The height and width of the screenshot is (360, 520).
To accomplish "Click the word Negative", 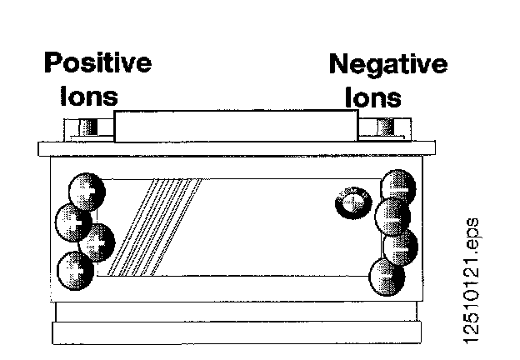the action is point(387,64).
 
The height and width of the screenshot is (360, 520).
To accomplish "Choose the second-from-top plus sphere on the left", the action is point(72,222).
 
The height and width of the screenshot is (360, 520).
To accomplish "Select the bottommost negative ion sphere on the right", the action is point(387,275).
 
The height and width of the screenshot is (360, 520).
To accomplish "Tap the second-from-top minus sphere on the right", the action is point(391,217).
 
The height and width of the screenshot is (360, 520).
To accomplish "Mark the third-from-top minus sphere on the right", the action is point(400,246).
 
